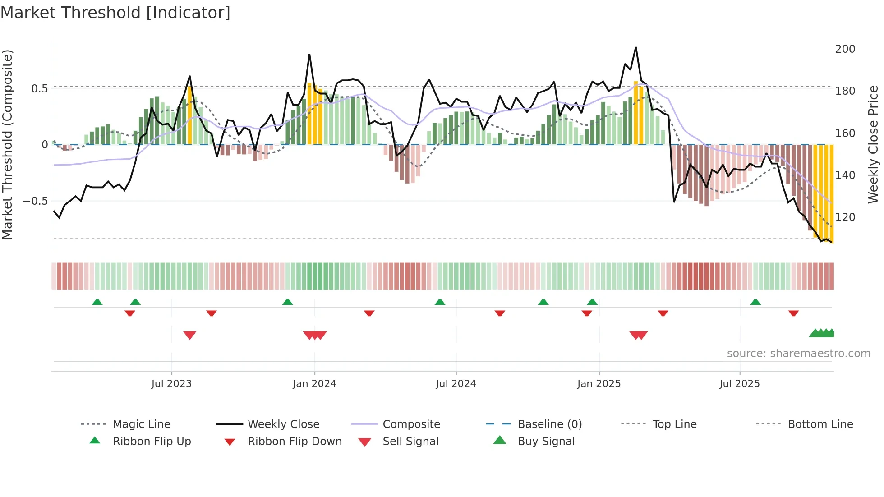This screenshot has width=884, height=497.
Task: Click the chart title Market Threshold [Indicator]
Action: tap(115, 13)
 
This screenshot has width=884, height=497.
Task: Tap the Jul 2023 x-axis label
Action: tap(171, 384)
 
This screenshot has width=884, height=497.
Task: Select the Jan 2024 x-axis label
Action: tap(314, 384)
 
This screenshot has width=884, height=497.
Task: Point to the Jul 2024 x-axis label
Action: tap(456, 384)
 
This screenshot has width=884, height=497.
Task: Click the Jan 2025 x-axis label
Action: tap(599, 384)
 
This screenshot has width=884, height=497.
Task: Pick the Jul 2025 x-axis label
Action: tap(740, 384)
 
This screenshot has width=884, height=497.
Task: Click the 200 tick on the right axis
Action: tap(845, 49)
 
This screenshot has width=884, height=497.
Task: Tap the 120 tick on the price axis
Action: tap(845, 217)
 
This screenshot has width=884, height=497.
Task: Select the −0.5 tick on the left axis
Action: tap(35, 201)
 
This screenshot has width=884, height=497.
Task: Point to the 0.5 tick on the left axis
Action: tap(39, 88)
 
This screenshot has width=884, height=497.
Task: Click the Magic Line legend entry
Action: tap(141, 424)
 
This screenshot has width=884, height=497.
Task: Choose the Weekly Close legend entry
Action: tap(283, 424)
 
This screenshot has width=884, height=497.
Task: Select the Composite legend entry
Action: tap(411, 424)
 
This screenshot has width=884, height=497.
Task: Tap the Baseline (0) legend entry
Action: tap(549, 424)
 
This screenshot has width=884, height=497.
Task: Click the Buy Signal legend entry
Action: tap(546, 442)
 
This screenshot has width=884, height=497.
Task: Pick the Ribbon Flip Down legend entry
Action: tap(295, 442)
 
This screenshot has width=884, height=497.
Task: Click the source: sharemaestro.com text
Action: tap(798, 354)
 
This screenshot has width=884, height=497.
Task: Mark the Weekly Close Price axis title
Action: tap(874, 144)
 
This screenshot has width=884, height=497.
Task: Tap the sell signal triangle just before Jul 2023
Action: tap(190, 335)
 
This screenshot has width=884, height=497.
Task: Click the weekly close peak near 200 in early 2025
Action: tap(636, 47)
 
